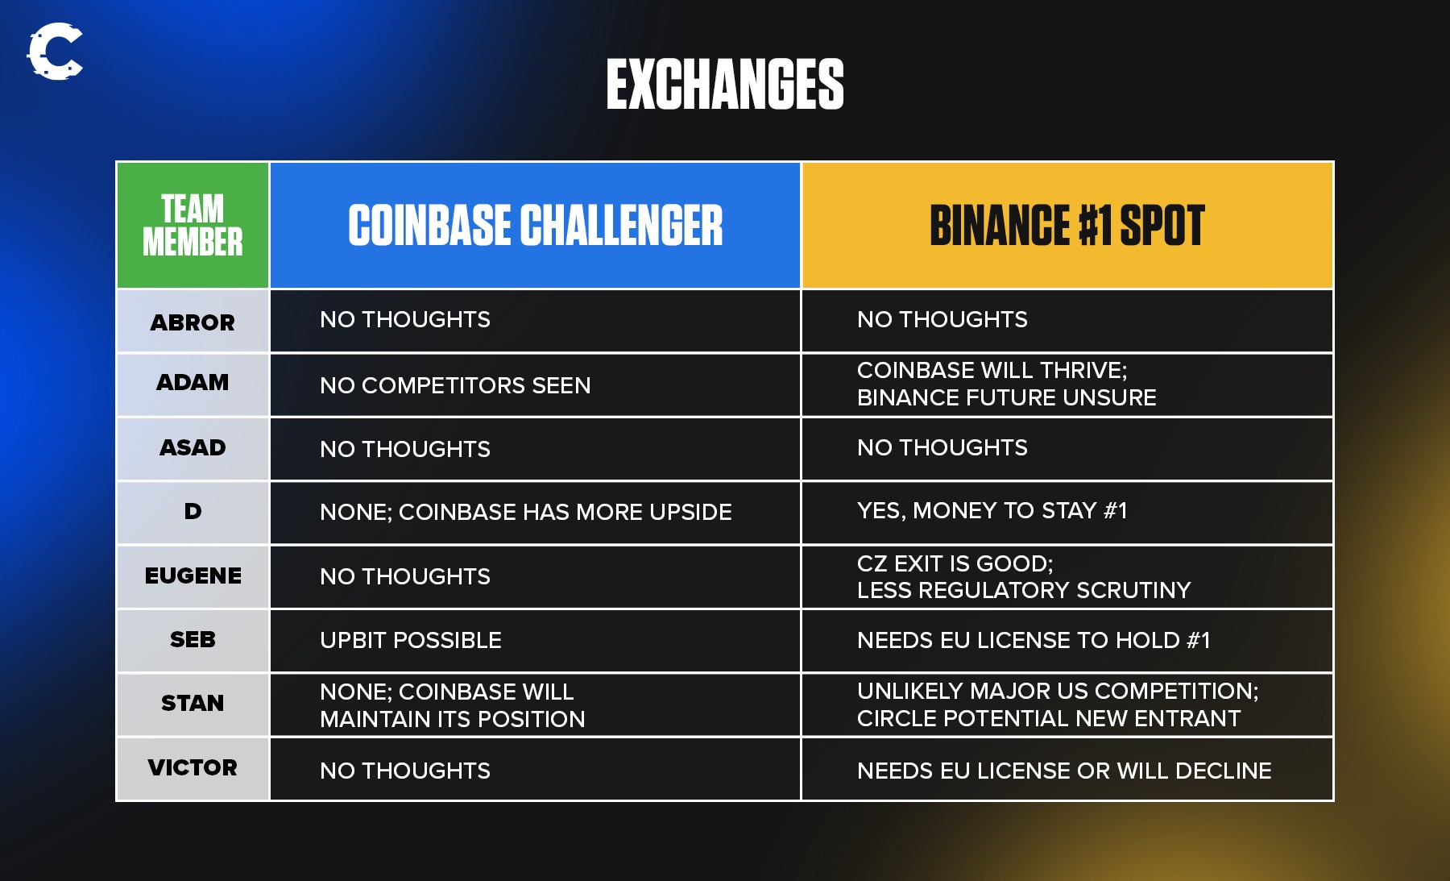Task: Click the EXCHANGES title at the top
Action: point(725,84)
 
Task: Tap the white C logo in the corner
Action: point(55,52)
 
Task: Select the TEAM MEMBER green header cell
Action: point(193,225)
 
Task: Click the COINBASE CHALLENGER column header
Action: point(536,225)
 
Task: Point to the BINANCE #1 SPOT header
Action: point(1067,225)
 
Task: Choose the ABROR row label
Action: point(193,322)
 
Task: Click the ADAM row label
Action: point(193,382)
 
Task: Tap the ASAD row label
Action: point(193,447)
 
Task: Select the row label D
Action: point(193,511)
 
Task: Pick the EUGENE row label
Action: point(193,576)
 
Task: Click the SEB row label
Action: point(193,639)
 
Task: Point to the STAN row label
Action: point(193,703)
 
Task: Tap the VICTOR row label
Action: point(193,767)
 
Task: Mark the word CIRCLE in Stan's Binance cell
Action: point(894,718)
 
